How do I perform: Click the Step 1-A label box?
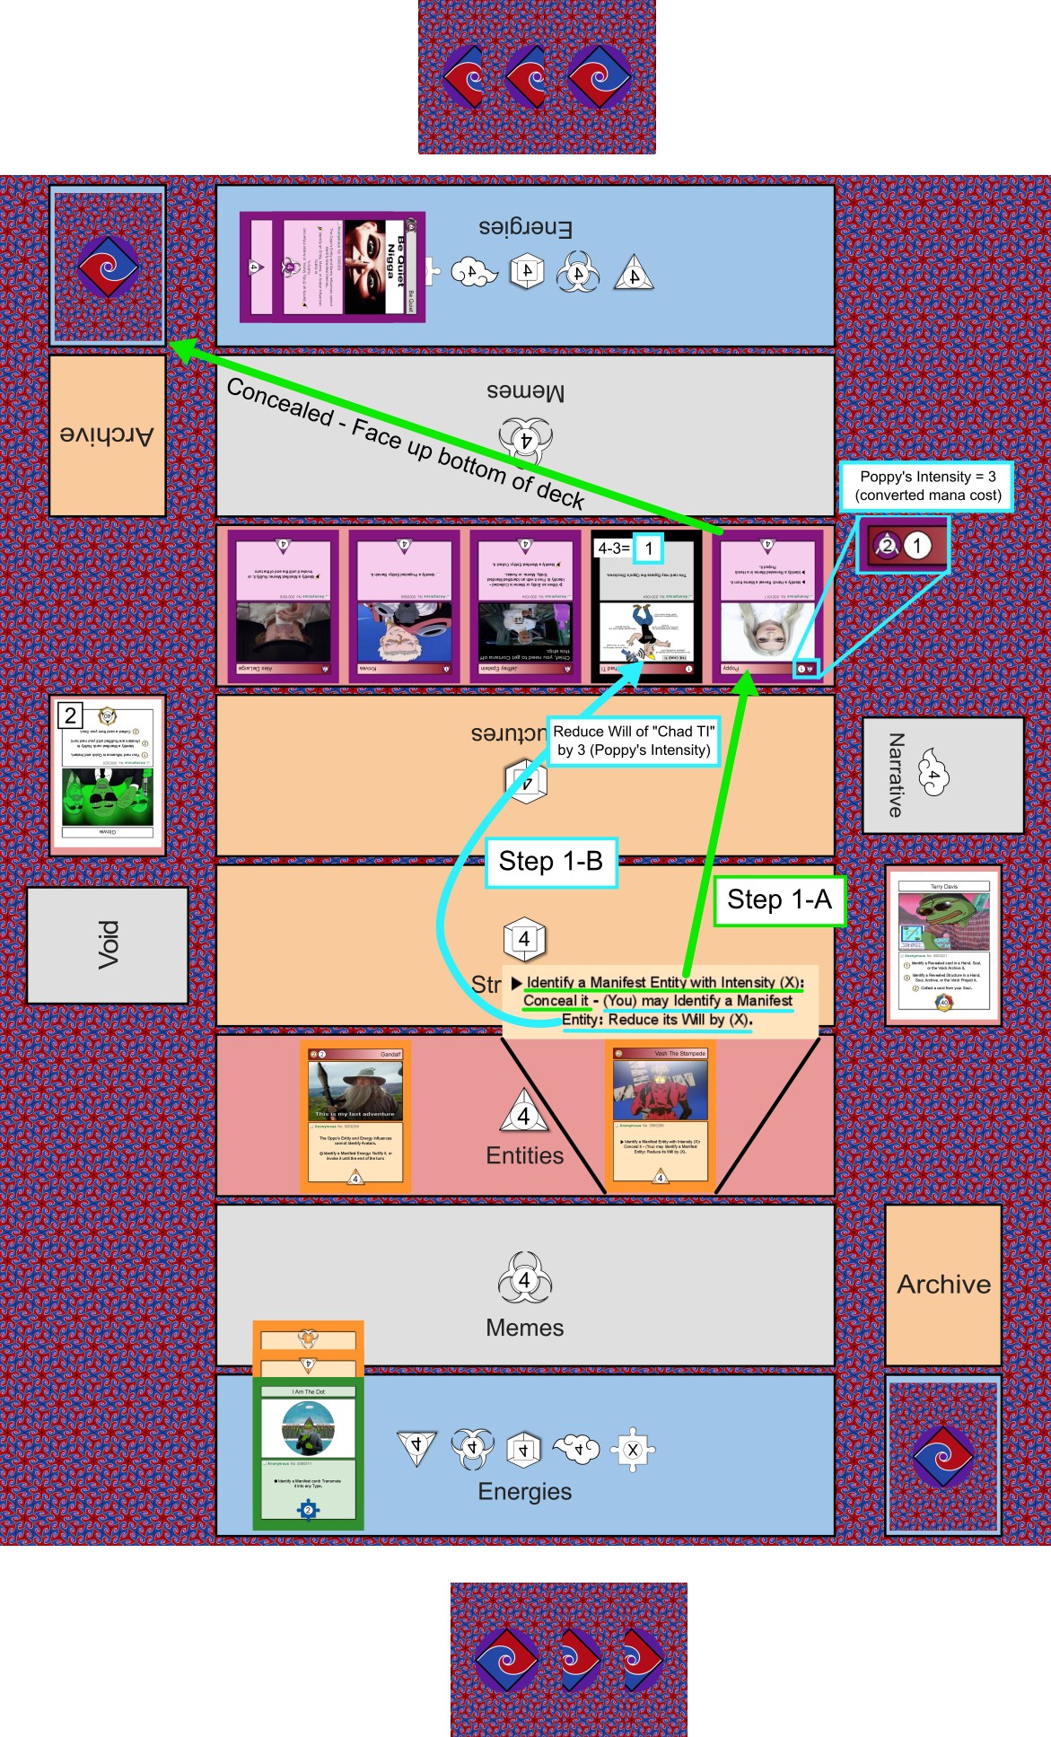(x=779, y=899)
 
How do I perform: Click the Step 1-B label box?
(x=550, y=862)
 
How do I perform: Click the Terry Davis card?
(x=943, y=946)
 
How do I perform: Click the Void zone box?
(x=108, y=944)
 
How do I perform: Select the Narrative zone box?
(x=942, y=776)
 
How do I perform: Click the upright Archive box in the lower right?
(x=943, y=1285)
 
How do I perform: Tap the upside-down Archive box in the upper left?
(x=107, y=435)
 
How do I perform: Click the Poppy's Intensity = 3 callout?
(x=927, y=487)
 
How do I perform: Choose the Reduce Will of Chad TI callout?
(x=634, y=741)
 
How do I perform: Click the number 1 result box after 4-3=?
(x=649, y=548)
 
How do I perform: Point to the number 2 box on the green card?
(x=70, y=715)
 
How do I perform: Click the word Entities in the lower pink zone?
(x=525, y=1156)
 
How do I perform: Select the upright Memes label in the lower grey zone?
(x=525, y=1329)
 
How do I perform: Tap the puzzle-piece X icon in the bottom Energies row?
(x=632, y=1449)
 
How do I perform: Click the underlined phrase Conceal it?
(x=556, y=1001)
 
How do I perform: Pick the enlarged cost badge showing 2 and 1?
(x=902, y=546)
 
